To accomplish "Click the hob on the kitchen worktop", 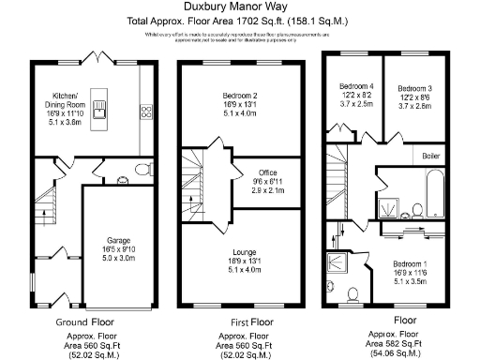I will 147,112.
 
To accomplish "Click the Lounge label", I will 240,259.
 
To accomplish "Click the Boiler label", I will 431,156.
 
